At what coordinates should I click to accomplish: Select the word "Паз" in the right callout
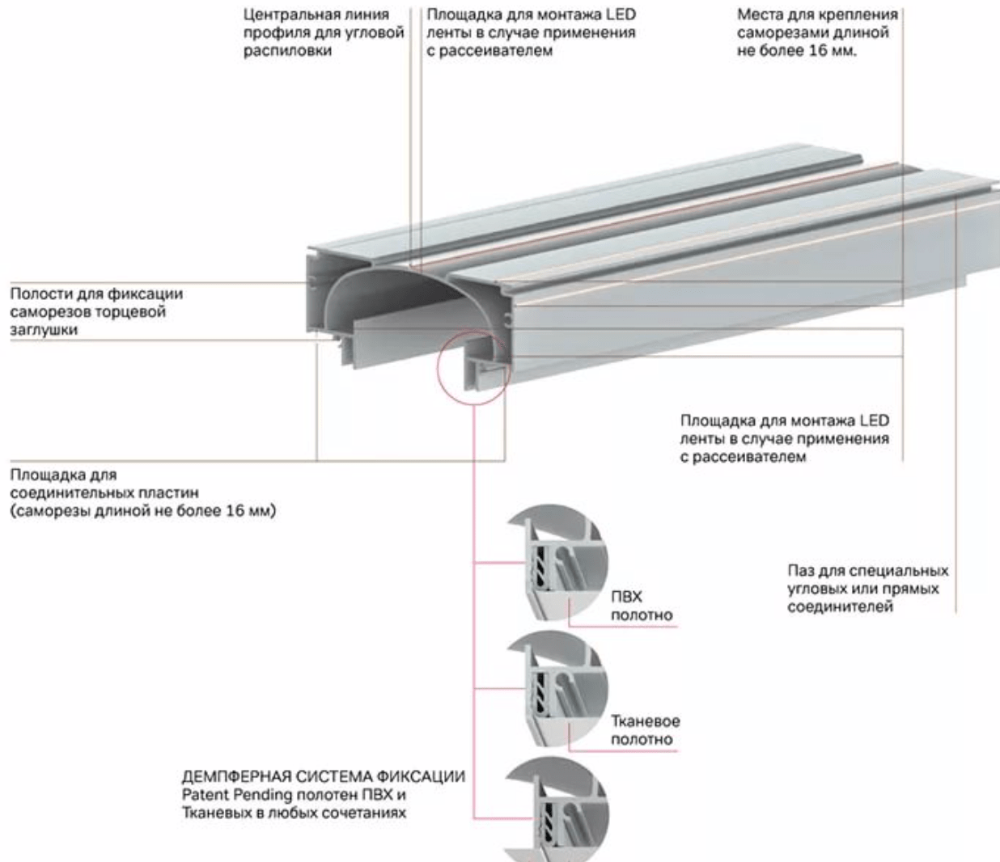[x=802, y=571]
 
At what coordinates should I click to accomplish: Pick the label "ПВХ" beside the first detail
[x=626, y=597]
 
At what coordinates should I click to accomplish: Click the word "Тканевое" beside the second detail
[x=645, y=720]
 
